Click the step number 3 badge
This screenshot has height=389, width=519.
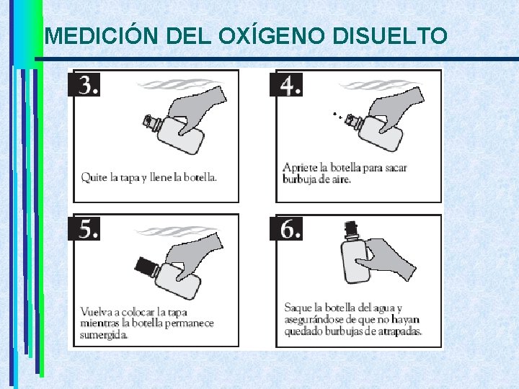84,84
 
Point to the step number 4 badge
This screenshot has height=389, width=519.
286,85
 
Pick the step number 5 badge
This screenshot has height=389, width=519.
84,228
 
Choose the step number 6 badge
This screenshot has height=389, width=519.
286,228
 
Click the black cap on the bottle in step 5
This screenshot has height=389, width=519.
145,266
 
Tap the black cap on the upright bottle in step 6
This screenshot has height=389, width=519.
350,228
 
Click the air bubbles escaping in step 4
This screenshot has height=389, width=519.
338,115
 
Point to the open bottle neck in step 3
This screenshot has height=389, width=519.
151,122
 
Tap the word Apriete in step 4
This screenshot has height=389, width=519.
300,168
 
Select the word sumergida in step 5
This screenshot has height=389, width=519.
104,336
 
